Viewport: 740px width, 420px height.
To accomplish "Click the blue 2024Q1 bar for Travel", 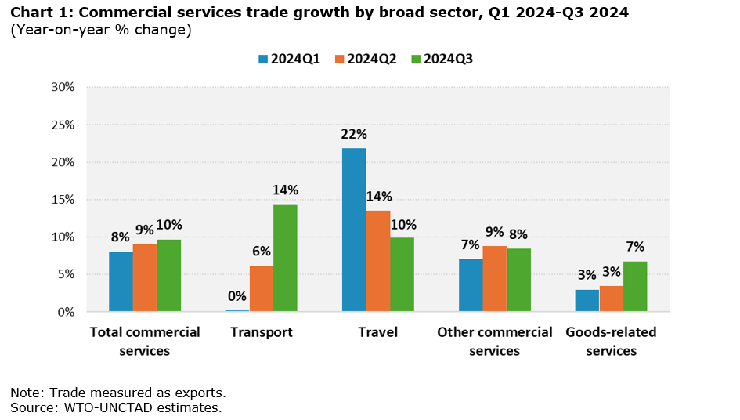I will point(354,230).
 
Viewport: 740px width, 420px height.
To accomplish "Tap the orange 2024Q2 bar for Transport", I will point(262,288).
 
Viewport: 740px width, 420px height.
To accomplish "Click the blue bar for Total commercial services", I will point(121,281).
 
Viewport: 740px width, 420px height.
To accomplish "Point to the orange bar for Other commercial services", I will point(495,278).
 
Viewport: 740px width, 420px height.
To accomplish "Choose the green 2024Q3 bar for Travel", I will point(402,274).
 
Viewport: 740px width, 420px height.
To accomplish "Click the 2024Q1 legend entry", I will point(289,59).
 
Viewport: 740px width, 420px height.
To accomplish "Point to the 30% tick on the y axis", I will point(62,87).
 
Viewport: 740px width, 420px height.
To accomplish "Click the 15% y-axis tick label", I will point(62,200).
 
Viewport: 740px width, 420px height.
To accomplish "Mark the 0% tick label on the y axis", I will point(65,312).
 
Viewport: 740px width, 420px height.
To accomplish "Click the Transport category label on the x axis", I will point(262,332).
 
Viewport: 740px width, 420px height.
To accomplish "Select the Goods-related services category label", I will point(611,342).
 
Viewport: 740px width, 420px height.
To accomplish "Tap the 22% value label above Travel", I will point(354,134).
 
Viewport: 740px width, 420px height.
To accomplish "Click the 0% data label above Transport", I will point(237,296).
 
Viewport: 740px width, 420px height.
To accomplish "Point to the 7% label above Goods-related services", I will point(634,247).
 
